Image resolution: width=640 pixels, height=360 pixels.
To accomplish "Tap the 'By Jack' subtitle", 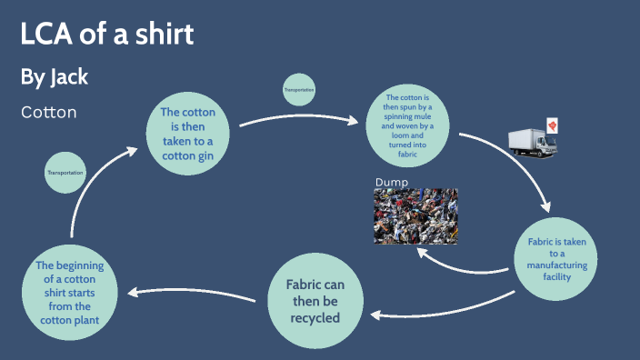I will click(55, 77).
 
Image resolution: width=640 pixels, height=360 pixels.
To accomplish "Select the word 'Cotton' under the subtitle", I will click(48, 113).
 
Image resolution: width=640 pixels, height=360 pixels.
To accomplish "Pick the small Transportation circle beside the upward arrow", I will click(65, 173).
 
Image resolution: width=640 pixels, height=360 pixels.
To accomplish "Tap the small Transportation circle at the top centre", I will click(299, 90).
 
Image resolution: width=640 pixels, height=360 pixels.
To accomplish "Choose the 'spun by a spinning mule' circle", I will click(407, 126).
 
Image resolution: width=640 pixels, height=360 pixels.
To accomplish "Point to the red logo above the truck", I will click(550, 125).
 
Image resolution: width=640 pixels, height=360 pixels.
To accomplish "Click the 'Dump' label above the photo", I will click(391, 183).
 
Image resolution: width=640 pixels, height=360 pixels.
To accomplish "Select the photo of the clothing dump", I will click(415, 216).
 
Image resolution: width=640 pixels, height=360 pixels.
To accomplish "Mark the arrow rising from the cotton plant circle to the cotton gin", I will click(86, 186).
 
